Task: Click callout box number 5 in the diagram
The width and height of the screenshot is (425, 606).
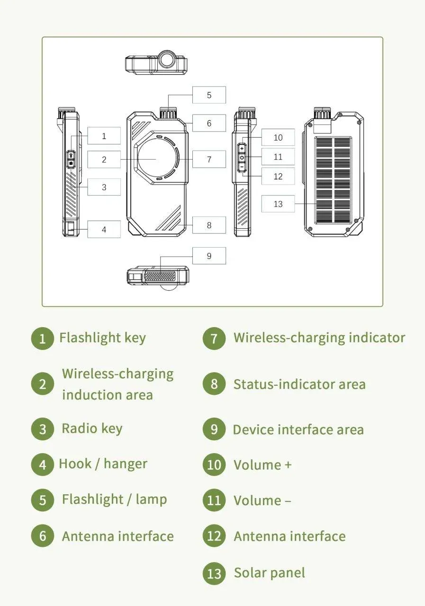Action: point(209,95)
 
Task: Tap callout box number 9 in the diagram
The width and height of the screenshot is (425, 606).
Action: point(209,256)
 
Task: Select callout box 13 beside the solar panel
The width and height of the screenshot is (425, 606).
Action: point(278,204)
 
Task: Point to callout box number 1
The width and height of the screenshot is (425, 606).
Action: point(104,136)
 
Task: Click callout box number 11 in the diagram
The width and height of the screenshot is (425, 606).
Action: point(278,157)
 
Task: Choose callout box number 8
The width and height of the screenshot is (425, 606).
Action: point(209,225)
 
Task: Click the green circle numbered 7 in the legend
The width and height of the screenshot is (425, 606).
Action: point(214,339)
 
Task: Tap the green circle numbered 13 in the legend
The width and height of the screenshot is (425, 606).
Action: point(214,573)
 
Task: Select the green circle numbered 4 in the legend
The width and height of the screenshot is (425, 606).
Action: point(43,464)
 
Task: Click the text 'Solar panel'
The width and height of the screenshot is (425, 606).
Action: point(269,573)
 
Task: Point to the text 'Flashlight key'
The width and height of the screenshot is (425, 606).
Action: point(102,338)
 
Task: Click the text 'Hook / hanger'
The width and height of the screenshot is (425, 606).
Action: point(103,464)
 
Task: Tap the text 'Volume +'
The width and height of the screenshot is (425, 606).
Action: point(262,465)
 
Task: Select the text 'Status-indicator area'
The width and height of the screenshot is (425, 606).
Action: point(299,384)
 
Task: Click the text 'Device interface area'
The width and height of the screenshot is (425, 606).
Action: point(298,430)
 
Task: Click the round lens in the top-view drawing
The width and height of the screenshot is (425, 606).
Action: point(167,60)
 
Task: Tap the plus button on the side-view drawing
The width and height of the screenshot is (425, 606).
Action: point(242,149)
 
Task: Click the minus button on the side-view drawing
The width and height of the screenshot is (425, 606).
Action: point(242,167)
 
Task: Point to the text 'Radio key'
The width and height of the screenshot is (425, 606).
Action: point(92,428)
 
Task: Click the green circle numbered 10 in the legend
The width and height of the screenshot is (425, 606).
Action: point(214,465)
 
